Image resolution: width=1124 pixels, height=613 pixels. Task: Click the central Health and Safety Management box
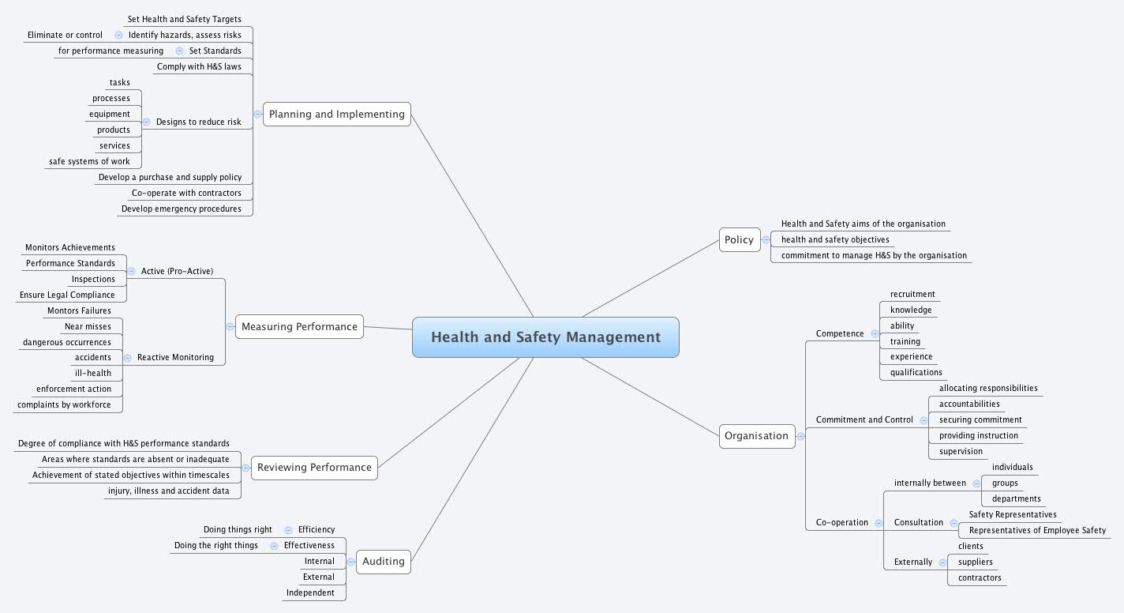coord(545,337)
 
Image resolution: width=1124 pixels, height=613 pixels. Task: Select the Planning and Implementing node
coord(336,114)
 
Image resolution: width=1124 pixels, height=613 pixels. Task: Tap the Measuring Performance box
coord(299,326)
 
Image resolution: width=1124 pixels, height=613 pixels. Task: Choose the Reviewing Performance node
coord(314,467)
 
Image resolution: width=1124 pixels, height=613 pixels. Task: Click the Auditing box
coord(383,562)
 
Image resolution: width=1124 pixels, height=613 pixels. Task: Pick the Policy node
coord(739,239)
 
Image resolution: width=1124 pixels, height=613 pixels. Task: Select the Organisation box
coord(756,435)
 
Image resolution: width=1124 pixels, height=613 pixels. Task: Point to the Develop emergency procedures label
coord(182,209)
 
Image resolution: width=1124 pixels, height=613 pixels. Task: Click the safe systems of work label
coord(89,161)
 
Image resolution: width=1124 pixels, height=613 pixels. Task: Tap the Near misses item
coord(88,326)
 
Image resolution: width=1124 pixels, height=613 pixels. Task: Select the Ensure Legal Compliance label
coord(67,295)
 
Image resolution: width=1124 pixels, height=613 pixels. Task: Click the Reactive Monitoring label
coord(175,357)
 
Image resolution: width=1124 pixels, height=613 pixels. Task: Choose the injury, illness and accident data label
coord(169,491)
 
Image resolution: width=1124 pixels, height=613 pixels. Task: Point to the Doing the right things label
coord(216,545)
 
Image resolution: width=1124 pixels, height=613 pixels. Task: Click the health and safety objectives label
coord(835,239)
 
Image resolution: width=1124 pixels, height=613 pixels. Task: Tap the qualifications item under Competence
coord(916,372)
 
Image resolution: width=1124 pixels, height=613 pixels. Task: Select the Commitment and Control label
coord(864,419)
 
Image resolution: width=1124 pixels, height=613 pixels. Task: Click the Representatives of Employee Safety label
coord(1037,530)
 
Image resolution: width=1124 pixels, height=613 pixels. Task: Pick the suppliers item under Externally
coord(976,562)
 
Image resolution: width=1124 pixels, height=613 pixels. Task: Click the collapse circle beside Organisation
coord(800,435)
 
